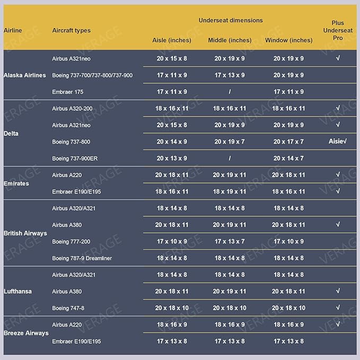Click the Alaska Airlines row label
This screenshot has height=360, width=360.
24,75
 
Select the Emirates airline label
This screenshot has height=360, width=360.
16,183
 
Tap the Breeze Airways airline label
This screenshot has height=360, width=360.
26,333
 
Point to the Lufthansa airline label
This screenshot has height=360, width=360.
17,291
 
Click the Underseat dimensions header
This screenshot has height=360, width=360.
231,20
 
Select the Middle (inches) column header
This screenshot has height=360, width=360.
230,40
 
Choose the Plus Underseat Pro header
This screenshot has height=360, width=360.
338,31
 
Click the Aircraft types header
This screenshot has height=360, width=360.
71,31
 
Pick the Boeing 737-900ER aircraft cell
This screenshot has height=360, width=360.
75,159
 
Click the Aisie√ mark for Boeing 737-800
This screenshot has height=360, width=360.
338,142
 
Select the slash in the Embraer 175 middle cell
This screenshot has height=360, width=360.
230,92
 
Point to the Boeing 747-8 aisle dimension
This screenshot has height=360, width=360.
172,308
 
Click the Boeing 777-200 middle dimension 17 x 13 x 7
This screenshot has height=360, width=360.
230,242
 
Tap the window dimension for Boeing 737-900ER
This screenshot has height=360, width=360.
288,159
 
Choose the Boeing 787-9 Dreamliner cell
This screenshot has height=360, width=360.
82,258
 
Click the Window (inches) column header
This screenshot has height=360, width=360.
288,40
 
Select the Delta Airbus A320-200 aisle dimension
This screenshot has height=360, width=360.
172,108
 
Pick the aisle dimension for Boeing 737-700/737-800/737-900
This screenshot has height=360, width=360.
172,75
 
